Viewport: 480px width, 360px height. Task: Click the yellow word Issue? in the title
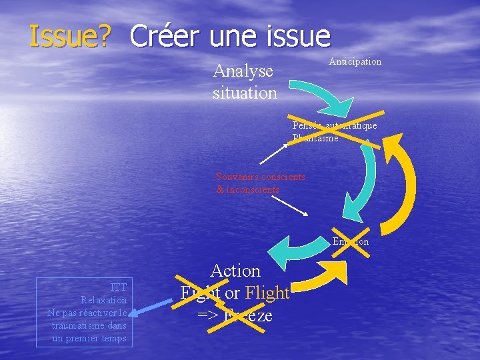coord(69,37)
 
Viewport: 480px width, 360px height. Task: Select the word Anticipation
coord(355,61)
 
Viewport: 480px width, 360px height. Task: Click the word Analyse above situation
coord(243,71)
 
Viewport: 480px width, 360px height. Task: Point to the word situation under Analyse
coord(245,93)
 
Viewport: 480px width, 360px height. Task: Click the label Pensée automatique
coord(335,125)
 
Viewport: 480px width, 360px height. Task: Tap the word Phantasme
coord(315,138)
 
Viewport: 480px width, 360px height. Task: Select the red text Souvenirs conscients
coord(261,177)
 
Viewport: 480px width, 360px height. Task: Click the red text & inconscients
coord(247,189)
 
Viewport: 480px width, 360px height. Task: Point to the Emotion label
coord(351,241)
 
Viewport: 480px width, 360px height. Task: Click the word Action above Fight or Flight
coord(235,271)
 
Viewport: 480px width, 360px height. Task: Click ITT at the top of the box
coord(119,287)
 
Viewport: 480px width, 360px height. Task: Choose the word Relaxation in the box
coord(103,300)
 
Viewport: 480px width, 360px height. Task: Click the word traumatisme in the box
coord(89,325)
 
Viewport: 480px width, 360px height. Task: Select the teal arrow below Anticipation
coord(327,94)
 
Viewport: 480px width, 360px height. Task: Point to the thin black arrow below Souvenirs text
coord(289,205)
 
